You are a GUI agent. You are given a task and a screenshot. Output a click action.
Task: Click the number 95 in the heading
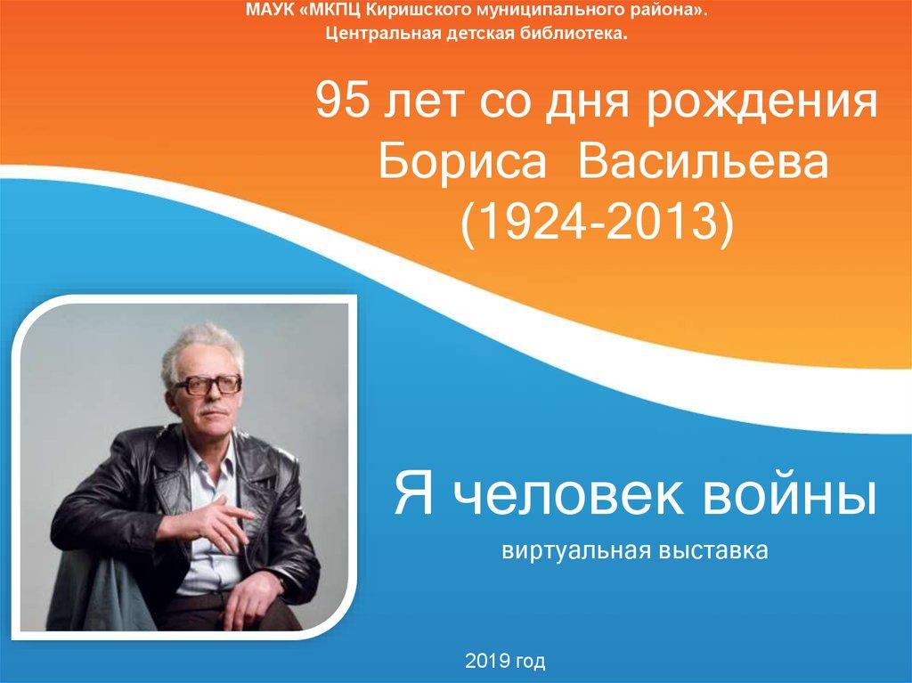click(341, 100)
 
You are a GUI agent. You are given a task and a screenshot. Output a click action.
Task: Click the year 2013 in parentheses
click(661, 221)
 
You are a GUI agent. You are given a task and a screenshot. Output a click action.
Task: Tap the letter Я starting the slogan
click(414, 494)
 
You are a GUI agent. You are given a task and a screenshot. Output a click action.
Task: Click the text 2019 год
click(505, 661)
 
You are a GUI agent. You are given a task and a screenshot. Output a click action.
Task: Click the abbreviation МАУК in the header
click(271, 10)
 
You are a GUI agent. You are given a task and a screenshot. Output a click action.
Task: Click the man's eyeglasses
click(207, 385)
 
